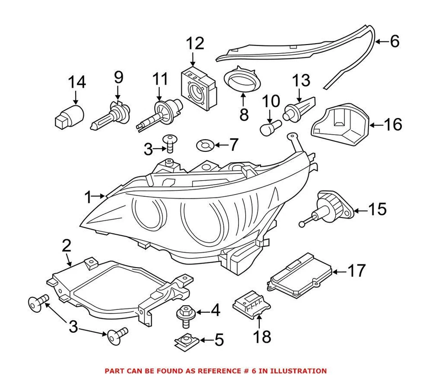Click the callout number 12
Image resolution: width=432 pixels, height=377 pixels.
195,44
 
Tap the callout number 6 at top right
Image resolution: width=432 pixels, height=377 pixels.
394,41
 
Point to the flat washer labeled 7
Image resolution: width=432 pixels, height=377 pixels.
205,145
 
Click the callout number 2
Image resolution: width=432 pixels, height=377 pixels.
67,246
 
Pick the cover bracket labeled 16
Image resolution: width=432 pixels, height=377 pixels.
342,123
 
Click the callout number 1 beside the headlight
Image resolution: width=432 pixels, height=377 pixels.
88,196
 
